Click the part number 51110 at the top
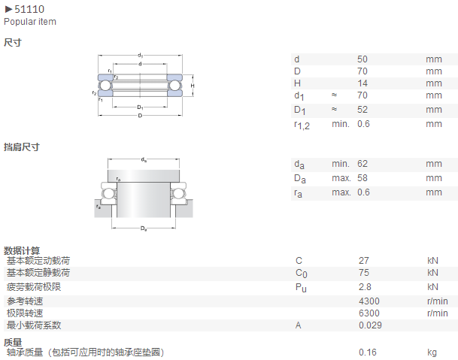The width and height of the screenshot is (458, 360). [29, 9]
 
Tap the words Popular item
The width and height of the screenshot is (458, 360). [30, 22]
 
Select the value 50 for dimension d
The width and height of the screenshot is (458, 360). [362, 59]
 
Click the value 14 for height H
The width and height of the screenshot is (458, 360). [362, 83]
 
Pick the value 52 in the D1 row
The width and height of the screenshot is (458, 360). [362, 110]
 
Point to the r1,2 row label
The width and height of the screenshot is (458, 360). [302, 125]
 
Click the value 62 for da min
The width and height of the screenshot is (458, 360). [362, 164]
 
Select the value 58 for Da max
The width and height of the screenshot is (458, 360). [362, 178]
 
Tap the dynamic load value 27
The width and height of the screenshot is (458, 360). [364, 261]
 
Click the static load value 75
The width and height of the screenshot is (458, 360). [364, 272]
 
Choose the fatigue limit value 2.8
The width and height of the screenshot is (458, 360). [365, 286]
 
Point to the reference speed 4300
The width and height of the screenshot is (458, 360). [369, 301]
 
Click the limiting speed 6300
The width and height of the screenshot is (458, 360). [369, 313]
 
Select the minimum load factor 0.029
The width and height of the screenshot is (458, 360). [370, 325]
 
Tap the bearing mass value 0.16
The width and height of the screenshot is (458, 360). [368, 352]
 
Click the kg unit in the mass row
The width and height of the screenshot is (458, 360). [432, 352]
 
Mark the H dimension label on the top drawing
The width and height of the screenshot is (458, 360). [193, 86]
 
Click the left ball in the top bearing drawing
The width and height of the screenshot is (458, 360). [105, 85]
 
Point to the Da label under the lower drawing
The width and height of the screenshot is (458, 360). [144, 228]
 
